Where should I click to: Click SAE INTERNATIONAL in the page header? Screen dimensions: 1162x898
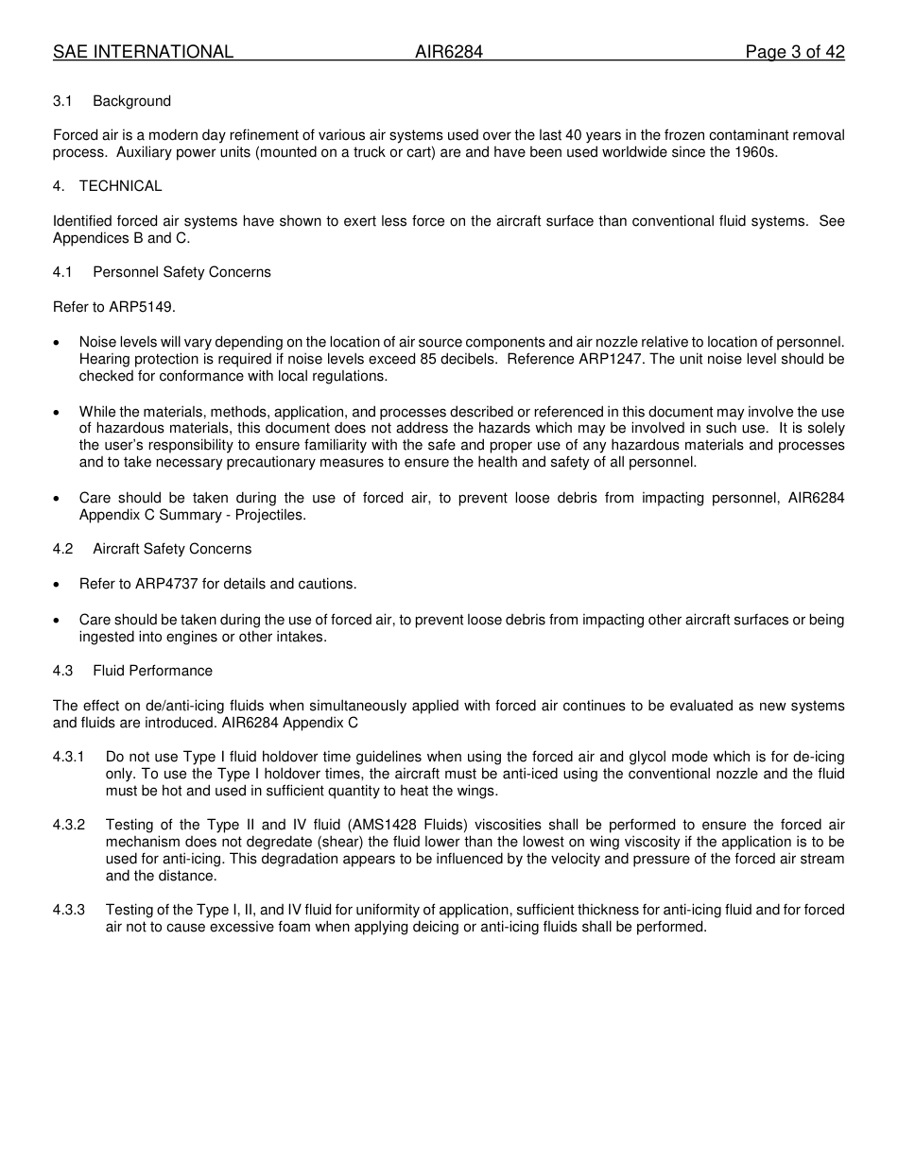pos(143,52)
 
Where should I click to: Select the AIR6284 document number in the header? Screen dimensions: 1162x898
pos(449,52)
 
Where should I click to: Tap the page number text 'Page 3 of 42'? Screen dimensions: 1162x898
pos(795,52)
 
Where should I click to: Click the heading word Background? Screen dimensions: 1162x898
pos(131,101)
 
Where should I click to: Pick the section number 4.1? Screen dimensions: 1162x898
pos(63,272)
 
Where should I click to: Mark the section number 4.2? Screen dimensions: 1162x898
pos(63,549)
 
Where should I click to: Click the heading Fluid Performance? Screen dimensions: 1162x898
pos(152,671)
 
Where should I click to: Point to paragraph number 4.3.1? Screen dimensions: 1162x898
pos(68,757)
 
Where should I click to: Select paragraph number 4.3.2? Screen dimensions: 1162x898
pos(68,825)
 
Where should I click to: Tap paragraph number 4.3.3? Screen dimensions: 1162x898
pos(68,910)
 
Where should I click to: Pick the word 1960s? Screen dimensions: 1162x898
pos(755,152)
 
